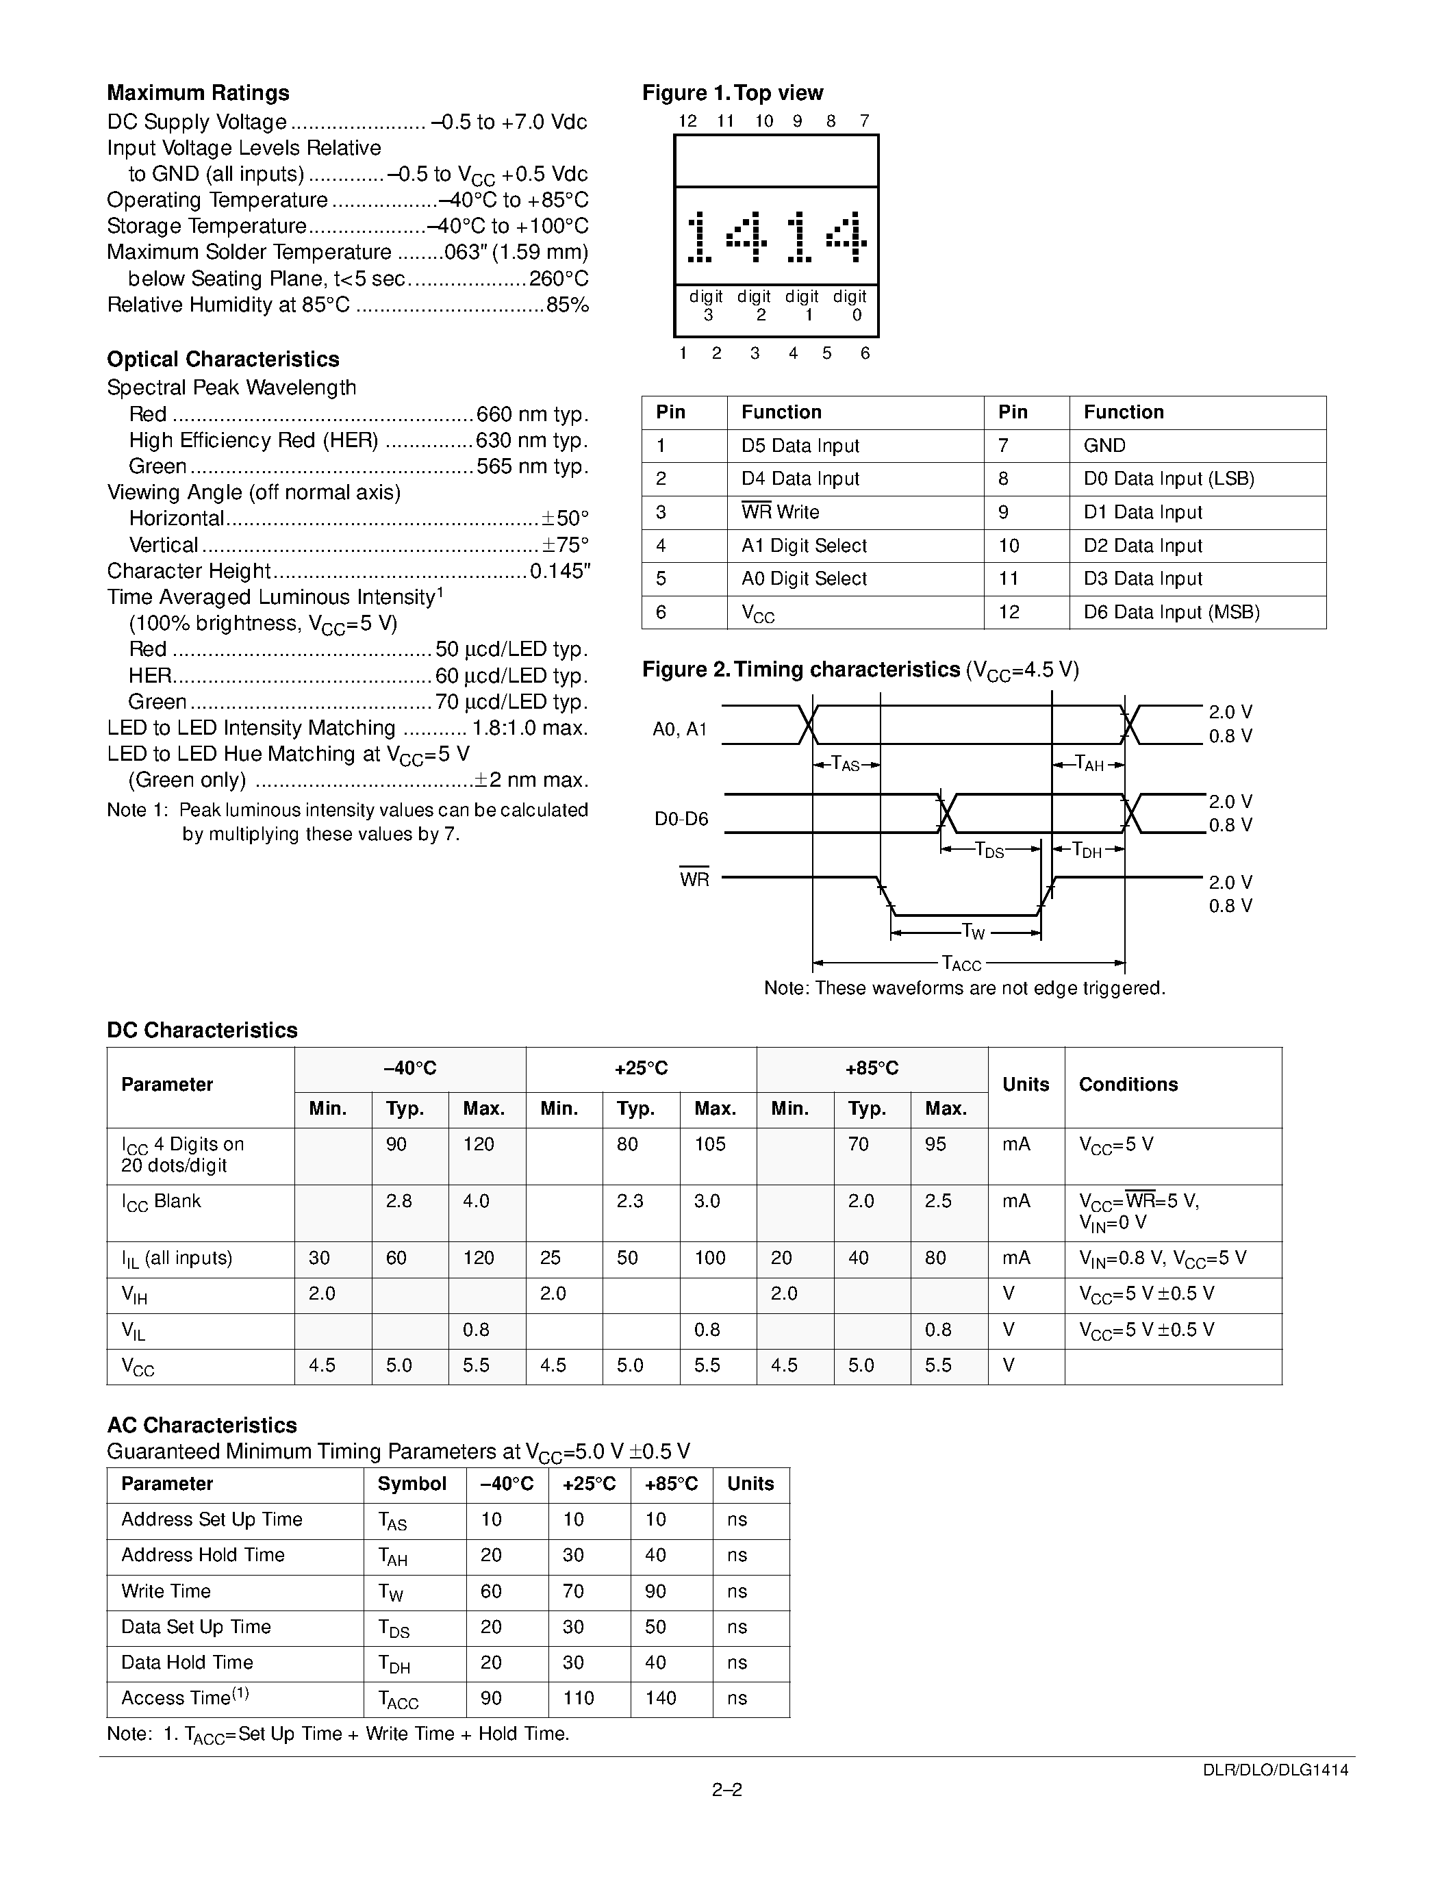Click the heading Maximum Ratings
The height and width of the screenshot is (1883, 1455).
(197, 93)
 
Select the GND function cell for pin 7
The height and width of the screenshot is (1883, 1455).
(1104, 446)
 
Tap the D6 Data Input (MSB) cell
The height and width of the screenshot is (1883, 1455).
(1172, 612)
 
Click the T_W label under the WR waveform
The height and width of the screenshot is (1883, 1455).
(972, 931)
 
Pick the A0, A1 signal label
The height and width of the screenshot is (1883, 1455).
(679, 729)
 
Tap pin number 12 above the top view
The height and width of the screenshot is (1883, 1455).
(687, 121)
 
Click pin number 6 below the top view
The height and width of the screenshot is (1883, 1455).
(865, 353)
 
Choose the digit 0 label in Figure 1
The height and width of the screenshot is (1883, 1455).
(850, 305)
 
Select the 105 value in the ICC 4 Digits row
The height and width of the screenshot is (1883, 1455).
(709, 1144)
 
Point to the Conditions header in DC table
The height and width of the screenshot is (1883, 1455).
(1128, 1084)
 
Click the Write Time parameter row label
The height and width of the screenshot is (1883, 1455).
(166, 1591)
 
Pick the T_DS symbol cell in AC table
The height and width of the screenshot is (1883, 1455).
(393, 1627)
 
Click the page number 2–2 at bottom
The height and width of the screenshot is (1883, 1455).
(726, 1789)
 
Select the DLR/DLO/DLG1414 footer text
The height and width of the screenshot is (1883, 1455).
(1276, 1769)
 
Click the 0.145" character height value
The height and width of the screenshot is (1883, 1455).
(560, 571)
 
